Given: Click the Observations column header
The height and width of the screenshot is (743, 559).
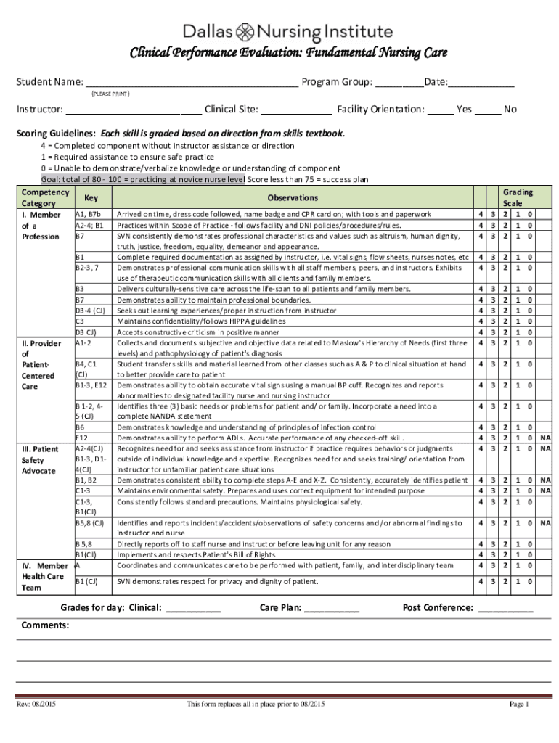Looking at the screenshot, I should [293, 197].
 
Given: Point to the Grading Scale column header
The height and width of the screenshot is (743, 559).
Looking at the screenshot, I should [518, 197].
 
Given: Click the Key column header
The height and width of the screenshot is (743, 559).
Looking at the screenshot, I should [91, 197].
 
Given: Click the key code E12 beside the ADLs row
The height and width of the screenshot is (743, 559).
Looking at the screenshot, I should [82, 438].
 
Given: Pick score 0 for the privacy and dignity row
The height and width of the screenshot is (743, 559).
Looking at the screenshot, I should [530, 581].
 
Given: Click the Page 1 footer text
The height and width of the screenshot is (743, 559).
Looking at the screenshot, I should [519, 705].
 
